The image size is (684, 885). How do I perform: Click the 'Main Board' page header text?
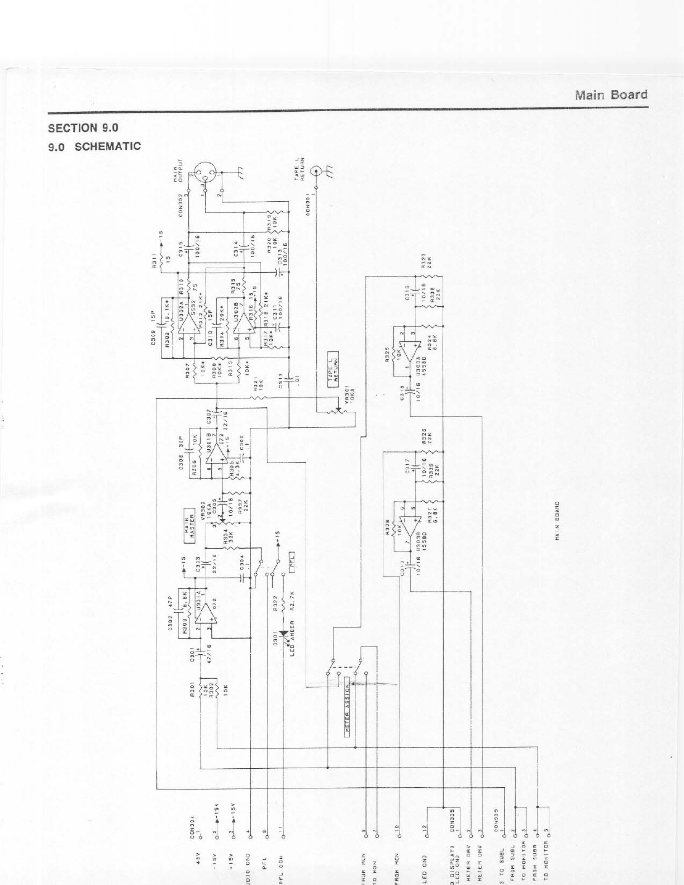611,95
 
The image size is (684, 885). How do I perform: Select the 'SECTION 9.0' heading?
83,128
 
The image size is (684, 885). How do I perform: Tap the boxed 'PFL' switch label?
292,559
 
